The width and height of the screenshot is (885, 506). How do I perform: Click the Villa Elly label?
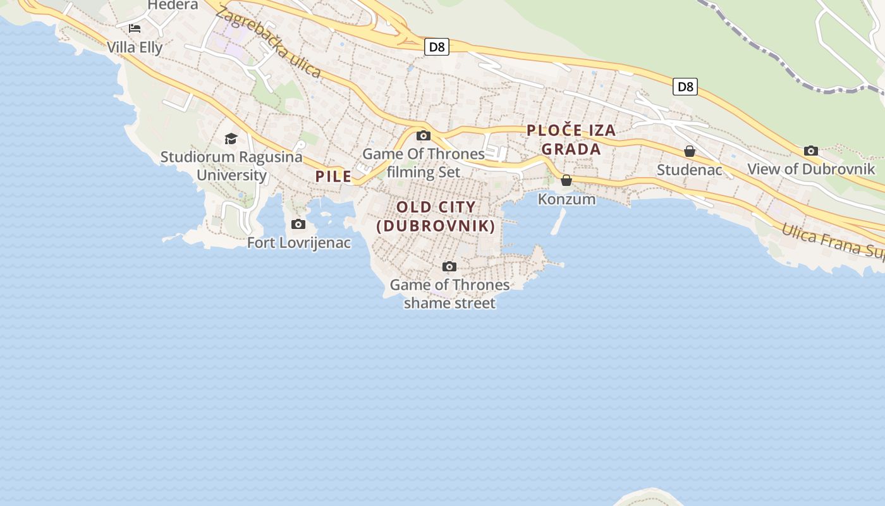pos(135,47)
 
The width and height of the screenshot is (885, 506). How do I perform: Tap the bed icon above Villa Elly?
pos(135,28)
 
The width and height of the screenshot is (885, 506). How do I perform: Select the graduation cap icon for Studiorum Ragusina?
pos(231,139)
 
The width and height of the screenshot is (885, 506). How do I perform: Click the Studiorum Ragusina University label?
pos(231,166)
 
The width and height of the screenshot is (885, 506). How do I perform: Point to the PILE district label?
pos(333,176)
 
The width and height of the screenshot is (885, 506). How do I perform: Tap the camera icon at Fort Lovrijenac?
pos(298,224)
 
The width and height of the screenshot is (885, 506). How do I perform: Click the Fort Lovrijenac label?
pos(298,242)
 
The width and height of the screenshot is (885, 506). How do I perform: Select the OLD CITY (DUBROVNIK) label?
pos(436,216)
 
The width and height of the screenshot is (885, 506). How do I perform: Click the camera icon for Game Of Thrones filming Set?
pos(424,135)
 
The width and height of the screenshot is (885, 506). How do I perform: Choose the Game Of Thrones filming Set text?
pos(424,163)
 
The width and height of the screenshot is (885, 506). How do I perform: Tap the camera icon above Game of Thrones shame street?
pos(449,266)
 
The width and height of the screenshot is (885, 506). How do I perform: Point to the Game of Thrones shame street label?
pos(449,293)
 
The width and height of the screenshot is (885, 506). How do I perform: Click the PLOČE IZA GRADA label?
pos(571,140)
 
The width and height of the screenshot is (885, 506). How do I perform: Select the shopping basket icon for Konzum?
pos(566,180)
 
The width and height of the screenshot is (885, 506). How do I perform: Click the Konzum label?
pos(566,199)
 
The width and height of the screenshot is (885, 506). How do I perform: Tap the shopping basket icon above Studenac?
pos(690,151)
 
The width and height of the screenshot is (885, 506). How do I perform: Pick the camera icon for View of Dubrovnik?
pos(811,151)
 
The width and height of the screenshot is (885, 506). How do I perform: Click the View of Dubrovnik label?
pos(811,170)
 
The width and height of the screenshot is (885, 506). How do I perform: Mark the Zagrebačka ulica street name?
pos(268,42)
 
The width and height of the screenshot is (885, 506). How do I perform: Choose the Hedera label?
pos(173,5)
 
